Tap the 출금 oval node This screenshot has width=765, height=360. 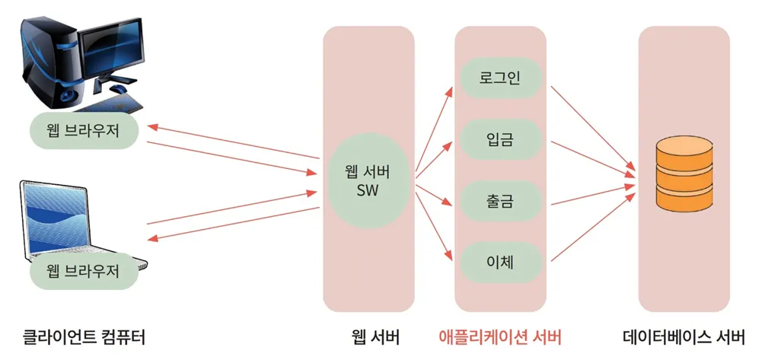coord(500,202)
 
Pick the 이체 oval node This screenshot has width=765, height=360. coord(500,263)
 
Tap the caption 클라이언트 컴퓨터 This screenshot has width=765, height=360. coord(84,336)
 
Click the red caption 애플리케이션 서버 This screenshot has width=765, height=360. coord(500,336)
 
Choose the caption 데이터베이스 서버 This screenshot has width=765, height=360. coord(683,336)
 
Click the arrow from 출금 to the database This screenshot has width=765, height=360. coord(590,195)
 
